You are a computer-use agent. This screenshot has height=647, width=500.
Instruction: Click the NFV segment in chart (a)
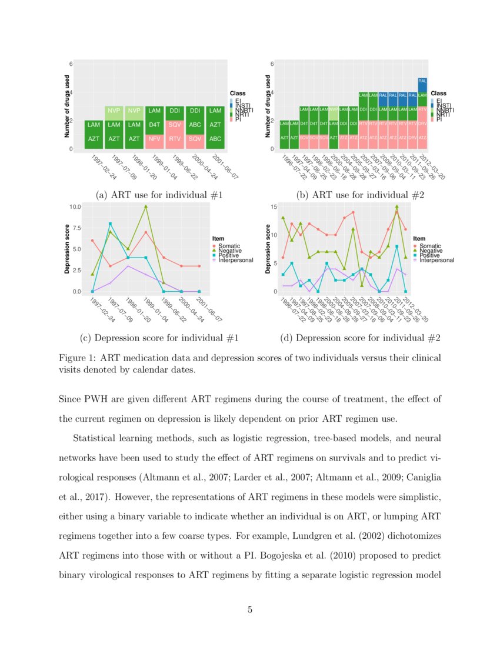155,139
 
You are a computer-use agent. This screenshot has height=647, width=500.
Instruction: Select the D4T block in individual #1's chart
155,125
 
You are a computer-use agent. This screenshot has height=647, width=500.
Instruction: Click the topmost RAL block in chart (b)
422,81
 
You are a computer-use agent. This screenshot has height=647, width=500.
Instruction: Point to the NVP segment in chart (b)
334,110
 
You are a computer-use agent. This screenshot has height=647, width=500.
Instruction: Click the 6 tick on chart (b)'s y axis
272,64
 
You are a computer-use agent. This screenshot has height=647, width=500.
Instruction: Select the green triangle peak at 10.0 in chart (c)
145,207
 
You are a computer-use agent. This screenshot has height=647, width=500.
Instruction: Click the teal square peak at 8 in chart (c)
110,224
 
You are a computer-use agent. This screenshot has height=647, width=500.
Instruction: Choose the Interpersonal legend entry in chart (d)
436,260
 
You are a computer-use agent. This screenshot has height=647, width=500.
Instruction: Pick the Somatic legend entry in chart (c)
229,245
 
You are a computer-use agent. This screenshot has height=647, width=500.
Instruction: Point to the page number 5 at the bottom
250,610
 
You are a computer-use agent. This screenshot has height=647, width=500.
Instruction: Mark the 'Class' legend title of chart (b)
438,94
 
